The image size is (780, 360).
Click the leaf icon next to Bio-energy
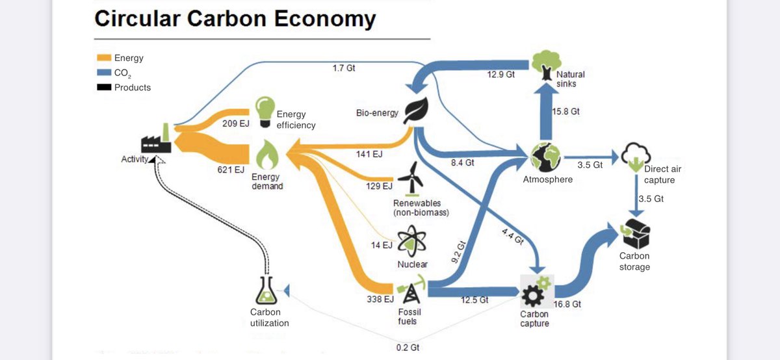pyautogui.click(x=415, y=112)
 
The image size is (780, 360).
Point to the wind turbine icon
pyautogui.click(x=410, y=177)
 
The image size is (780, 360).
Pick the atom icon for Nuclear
pyautogui.click(x=411, y=242)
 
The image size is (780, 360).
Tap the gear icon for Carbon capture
pyautogui.click(x=536, y=291)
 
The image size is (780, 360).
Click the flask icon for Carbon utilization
pyautogui.click(x=266, y=290)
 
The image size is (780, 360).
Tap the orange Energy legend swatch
pyautogui.click(x=103, y=58)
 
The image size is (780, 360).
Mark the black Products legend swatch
pyautogui.click(x=103, y=87)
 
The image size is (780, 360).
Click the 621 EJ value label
pyautogui.click(x=230, y=170)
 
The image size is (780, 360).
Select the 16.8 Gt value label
pyautogui.click(x=567, y=304)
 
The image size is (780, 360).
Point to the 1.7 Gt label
pyautogui.click(x=343, y=68)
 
